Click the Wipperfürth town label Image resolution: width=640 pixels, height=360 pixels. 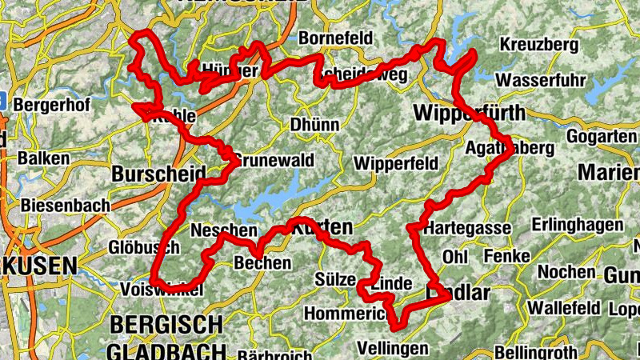[x=468, y=113]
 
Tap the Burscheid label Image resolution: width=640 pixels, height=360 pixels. [x=159, y=174]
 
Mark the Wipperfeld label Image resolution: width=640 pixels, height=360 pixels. [x=395, y=163]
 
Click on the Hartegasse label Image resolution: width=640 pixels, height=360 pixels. [x=467, y=228]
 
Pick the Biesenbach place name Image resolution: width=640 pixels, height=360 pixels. [x=66, y=206]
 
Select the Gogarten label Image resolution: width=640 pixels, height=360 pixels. [x=602, y=137]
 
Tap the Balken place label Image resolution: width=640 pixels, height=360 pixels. [x=44, y=158]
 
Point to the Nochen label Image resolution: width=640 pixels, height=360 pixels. [x=565, y=272]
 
